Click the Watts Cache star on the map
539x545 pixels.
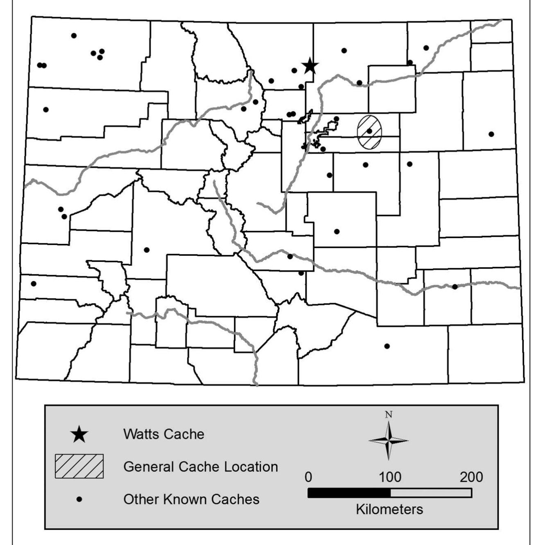pos(310,65)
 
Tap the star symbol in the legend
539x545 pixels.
pos(79,434)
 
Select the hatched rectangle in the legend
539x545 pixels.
pos(79,466)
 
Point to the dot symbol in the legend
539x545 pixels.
pos(79,499)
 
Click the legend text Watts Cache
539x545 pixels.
pos(164,434)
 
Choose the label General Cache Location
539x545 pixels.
pos(200,466)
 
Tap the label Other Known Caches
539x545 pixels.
pos(191,499)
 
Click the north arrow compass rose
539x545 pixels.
pos(389,441)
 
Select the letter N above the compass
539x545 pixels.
pos(389,414)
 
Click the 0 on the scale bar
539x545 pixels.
pos(308,477)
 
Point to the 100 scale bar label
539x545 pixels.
pos(390,477)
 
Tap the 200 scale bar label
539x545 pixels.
pos(471,477)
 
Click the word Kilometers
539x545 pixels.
pos(389,509)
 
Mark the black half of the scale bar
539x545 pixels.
pos(349,493)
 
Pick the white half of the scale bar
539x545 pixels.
pos(431,493)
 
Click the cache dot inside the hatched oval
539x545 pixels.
pos(369,131)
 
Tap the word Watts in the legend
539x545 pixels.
pos(141,434)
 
